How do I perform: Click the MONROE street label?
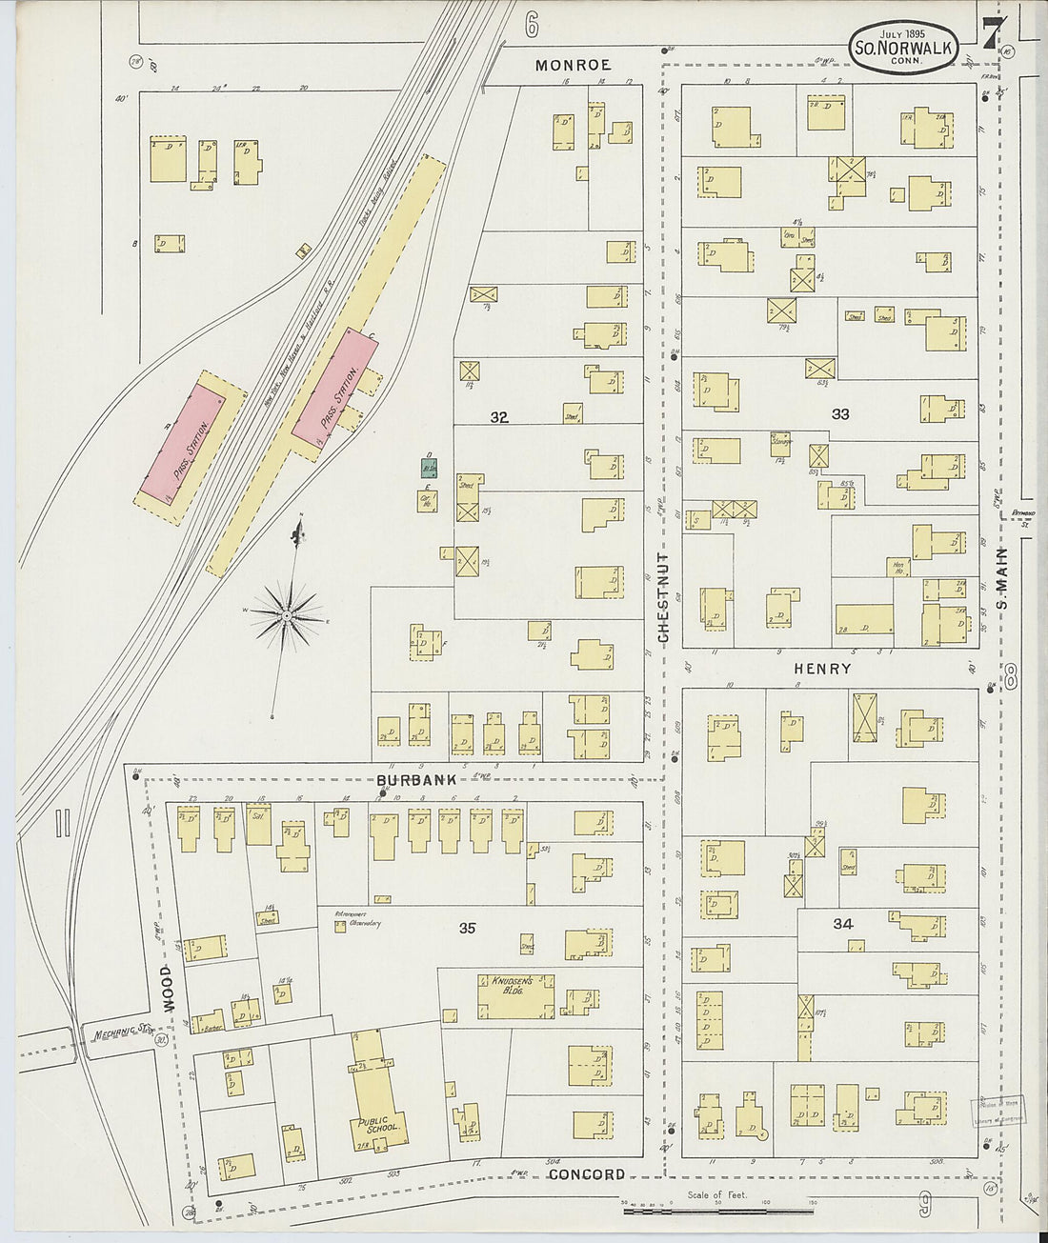point(573,65)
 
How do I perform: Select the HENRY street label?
point(821,669)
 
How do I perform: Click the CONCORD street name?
point(587,1174)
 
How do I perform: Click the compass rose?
point(285,616)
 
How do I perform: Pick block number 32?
point(499,416)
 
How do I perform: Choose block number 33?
point(839,413)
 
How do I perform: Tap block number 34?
point(842,923)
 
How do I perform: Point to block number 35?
point(467,927)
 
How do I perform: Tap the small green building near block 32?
point(430,468)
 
